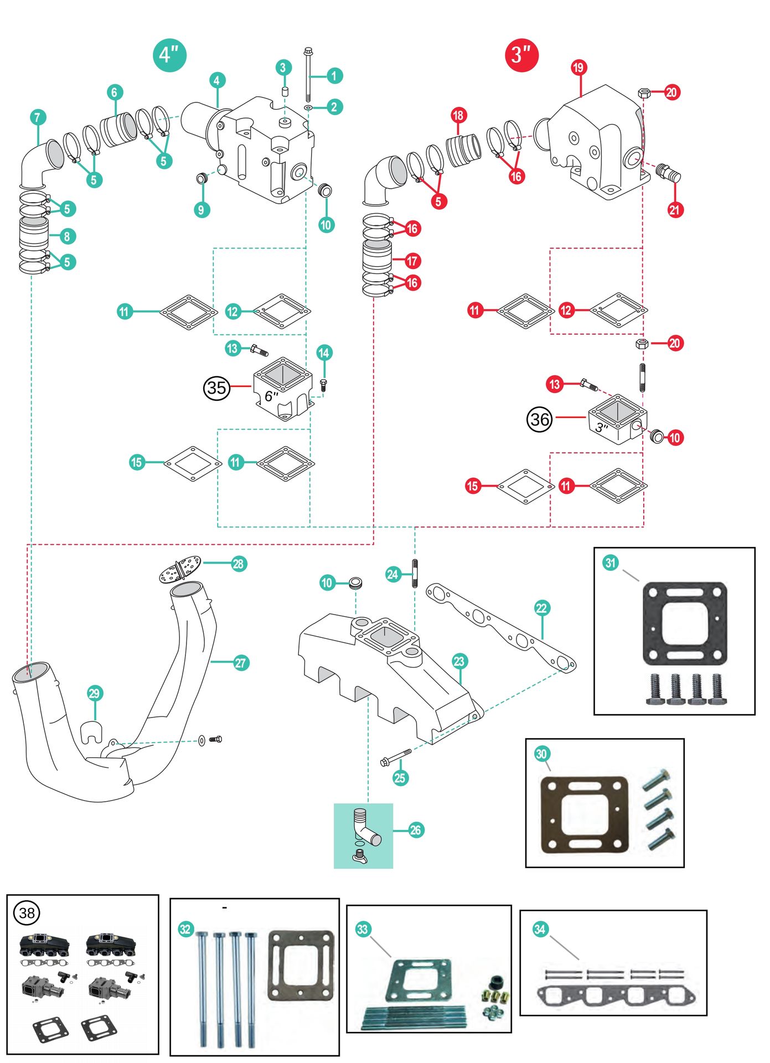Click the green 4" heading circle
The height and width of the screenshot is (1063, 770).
(169, 55)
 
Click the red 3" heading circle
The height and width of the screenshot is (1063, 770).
(521, 55)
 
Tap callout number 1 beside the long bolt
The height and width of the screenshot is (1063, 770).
(334, 76)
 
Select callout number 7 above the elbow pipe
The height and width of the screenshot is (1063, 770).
(38, 117)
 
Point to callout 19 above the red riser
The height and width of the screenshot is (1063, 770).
(578, 68)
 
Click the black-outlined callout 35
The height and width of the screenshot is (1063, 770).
(216, 388)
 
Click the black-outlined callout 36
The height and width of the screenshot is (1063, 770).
(540, 419)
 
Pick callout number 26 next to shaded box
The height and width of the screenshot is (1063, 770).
(416, 830)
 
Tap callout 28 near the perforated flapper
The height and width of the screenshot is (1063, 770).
(239, 564)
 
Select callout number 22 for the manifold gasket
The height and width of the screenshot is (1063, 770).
(541, 608)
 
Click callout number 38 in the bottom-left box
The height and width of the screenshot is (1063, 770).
(27, 913)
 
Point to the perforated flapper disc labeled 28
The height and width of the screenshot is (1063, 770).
(180, 570)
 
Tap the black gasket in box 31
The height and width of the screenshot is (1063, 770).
(684, 623)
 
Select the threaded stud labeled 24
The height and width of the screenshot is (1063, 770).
(415, 573)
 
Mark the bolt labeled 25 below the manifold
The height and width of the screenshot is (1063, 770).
(396, 757)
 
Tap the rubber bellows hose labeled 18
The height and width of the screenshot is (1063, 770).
(464, 149)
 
